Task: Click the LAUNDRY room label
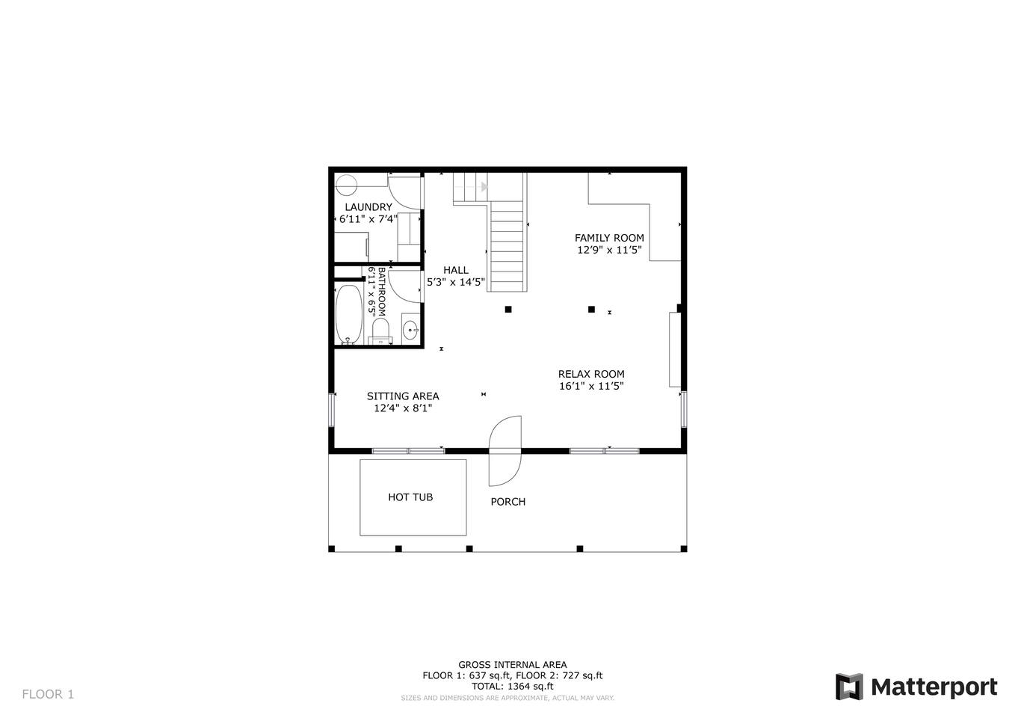(x=368, y=207)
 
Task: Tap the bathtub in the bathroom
(x=348, y=314)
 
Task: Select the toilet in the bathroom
(x=380, y=331)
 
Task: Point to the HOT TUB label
(x=410, y=497)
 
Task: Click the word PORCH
(x=508, y=502)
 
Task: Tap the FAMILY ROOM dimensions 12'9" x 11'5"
(x=609, y=250)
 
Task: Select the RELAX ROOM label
(x=591, y=374)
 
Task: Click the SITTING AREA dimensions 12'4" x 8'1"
(x=403, y=408)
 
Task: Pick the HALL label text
(x=456, y=270)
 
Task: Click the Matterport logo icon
(x=849, y=687)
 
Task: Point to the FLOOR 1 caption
(x=48, y=694)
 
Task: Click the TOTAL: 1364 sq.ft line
(x=513, y=687)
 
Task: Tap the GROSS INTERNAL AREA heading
(x=513, y=664)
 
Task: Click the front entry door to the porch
(x=505, y=451)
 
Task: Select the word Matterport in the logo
(x=934, y=687)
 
